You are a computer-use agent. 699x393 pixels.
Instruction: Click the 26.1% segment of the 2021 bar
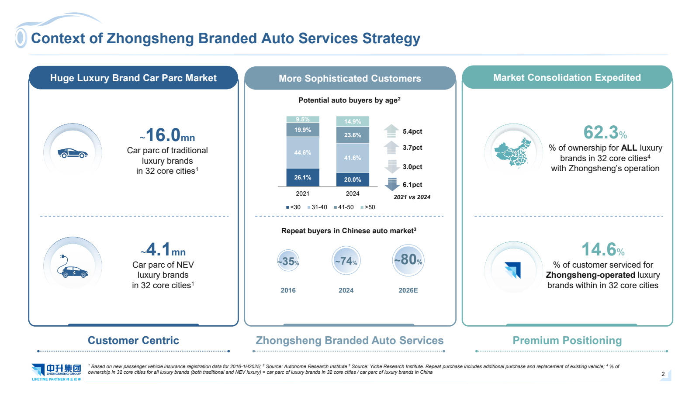click(303, 177)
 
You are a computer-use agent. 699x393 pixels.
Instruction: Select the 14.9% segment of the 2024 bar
click(353, 121)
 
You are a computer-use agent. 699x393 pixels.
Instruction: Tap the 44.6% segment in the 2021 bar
click(303, 152)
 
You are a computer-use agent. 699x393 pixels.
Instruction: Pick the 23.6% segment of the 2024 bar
click(353, 135)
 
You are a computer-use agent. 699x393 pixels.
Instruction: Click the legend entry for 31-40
click(317, 207)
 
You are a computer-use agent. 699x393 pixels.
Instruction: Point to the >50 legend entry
click(368, 207)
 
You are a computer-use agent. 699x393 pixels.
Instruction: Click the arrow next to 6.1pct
click(392, 184)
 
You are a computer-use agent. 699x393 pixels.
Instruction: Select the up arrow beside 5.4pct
click(391, 131)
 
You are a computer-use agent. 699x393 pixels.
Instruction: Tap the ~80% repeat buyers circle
click(408, 260)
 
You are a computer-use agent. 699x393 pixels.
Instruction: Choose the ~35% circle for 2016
click(288, 261)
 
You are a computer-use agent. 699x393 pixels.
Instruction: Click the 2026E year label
click(408, 290)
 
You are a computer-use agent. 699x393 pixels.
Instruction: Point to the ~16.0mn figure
click(167, 135)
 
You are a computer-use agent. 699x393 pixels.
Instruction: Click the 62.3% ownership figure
click(605, 133)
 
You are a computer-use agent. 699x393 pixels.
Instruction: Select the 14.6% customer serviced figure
click(603, 250)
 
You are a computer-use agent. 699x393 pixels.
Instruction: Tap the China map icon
click(513, 152)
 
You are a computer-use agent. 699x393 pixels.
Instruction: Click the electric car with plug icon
click(73, 266)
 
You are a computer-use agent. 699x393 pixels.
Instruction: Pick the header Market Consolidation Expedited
click(567, 78)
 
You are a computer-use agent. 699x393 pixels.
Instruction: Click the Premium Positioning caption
click(567, 341)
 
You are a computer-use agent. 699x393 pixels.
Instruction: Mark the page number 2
click(663, 374)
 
